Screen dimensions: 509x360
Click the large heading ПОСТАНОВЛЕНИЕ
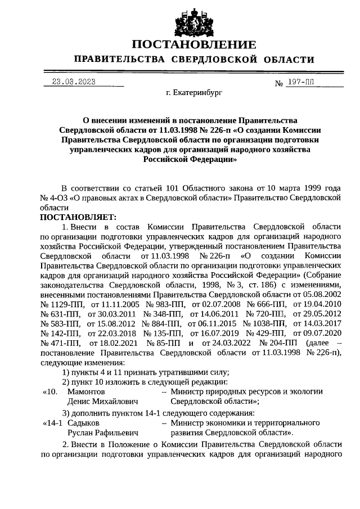click(194, 44)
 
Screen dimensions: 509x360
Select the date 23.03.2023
click(74, 82)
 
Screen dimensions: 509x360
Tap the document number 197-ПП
click(300, 82)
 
